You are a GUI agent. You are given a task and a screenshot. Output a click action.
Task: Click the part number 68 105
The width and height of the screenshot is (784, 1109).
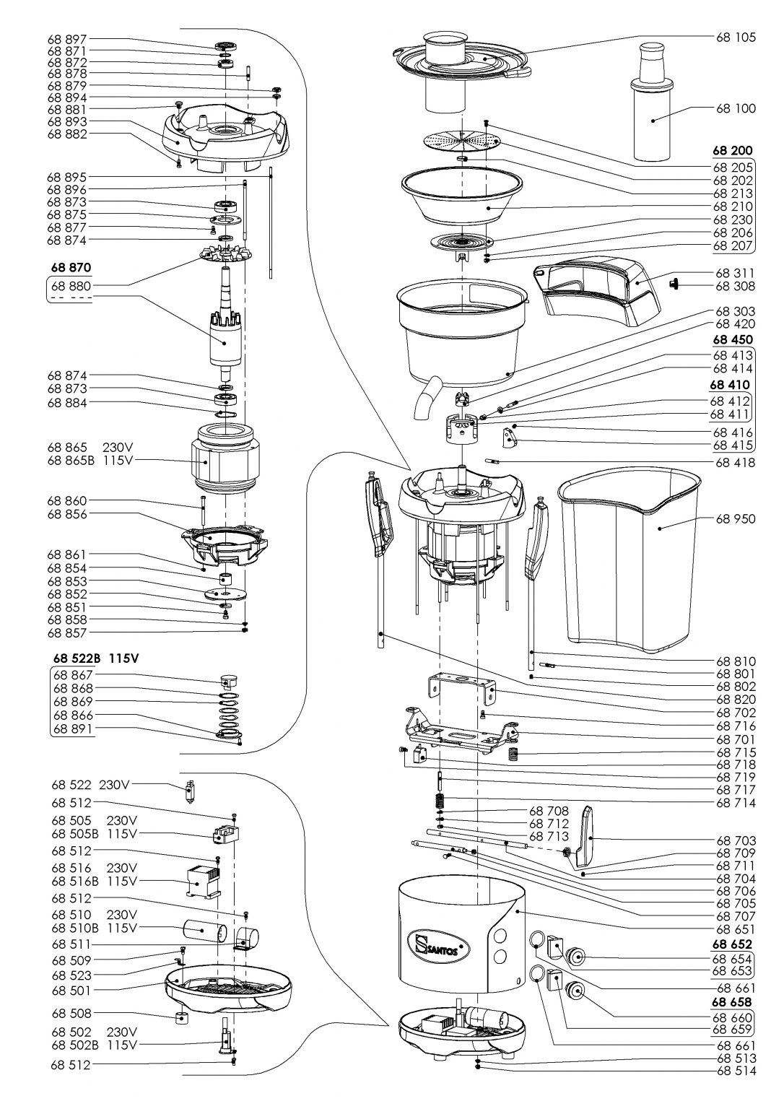pyautogui.click(x=736, y=38)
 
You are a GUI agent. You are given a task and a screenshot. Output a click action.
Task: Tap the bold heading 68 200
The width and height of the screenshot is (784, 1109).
pyautogui.click(x=732, y=151)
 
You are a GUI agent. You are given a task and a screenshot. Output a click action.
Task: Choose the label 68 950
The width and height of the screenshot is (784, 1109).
pyautogui.click(x=736, y=518)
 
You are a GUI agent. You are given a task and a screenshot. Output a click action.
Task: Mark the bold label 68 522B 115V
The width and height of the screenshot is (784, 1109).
pyautogui.click(x=95, y=658)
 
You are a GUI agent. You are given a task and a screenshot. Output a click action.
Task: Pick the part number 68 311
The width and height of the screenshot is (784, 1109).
pyautogui.click(x=736, y=274)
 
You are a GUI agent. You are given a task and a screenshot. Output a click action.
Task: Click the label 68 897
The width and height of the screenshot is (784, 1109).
pyautogui.click(x=67, y=38)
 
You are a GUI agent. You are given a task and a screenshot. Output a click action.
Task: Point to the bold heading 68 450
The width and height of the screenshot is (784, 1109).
pyautogui.click(x=732, y=340)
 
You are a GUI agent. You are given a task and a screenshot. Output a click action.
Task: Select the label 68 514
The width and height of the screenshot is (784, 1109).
pyautogui.click(x=736, y=1071)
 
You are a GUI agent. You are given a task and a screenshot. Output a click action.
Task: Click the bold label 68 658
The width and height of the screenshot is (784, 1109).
pyautogui.click(x=732, y=1002)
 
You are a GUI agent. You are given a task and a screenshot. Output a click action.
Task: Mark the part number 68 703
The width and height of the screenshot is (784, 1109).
pyautogui.click(x=736, y=840)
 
